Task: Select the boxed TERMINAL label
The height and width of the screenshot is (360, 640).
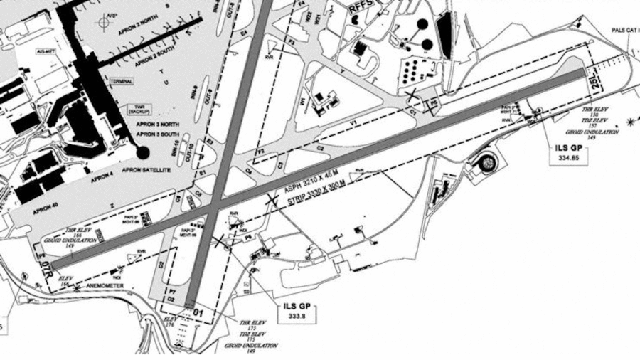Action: (120, 82)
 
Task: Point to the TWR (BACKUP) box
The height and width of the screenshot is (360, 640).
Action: (137, 110)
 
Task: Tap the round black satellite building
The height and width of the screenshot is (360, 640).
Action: (143, 152)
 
